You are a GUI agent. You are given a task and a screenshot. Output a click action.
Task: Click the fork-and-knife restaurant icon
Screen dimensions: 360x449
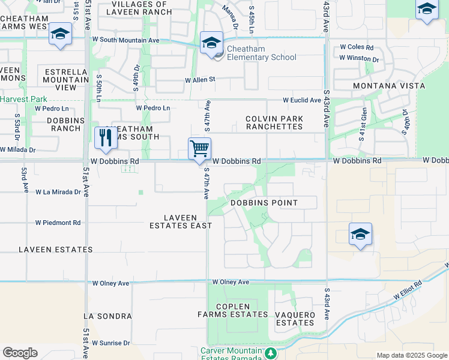pyautogui.click(x=106, y=137)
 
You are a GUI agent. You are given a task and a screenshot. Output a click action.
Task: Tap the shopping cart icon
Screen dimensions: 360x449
pyautogui.click(x=199, y=148)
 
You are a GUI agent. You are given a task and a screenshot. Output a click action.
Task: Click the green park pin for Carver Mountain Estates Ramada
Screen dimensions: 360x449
pyautogui.click(x=271, y=352)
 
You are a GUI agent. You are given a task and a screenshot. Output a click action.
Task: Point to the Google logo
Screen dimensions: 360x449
pyautogui.click(x=20, y=353)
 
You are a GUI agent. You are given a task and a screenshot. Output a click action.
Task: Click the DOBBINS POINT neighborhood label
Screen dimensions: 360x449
pyautogui.click(x=264, y=203)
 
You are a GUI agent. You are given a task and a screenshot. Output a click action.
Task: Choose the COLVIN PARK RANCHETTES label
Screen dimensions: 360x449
pyautogui.click(x=274, y=123)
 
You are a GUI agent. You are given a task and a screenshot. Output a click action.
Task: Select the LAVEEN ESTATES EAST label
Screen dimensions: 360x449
pyautogui.click(x=181, y=221)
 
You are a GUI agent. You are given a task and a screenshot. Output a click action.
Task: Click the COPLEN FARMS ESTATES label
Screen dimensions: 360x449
pyautogui.click(x=233, y=310)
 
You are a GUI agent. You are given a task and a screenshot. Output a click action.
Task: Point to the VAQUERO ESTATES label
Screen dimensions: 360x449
pyautogui.click(x=295, y=319)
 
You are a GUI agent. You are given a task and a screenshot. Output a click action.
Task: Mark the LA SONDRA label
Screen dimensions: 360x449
pyautogui.click(x=107, y=316)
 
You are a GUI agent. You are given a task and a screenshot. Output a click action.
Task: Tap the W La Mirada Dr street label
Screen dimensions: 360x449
pyautogui.click(x=58, y=192)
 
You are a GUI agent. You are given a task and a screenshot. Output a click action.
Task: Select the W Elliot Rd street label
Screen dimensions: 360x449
pyautogui.click(x=408, y=290)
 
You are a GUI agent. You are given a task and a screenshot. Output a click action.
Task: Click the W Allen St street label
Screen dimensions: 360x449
pyautogui.click(x=200, y=79)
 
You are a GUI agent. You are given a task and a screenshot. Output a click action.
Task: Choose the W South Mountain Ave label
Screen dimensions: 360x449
pyautogui.click(x=126, y=40)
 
